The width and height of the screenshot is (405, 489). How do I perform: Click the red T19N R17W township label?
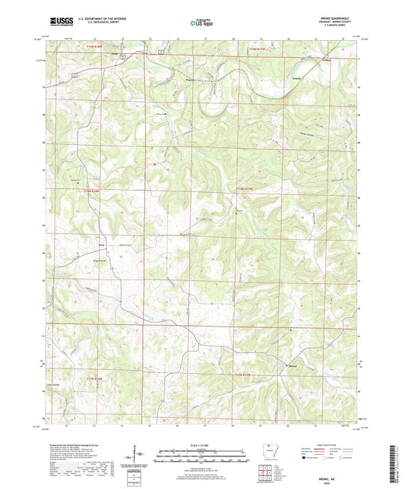(x=260, y=51)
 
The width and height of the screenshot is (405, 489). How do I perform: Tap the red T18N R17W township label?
(x=245, y=188)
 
